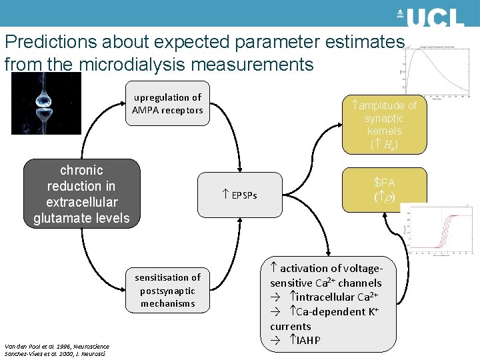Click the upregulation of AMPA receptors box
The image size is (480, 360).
167,104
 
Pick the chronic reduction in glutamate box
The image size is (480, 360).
81,193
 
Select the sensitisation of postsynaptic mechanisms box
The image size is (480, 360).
167,290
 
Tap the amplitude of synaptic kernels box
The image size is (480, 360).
384,124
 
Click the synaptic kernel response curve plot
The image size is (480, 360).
437,70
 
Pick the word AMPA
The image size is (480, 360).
146,110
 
